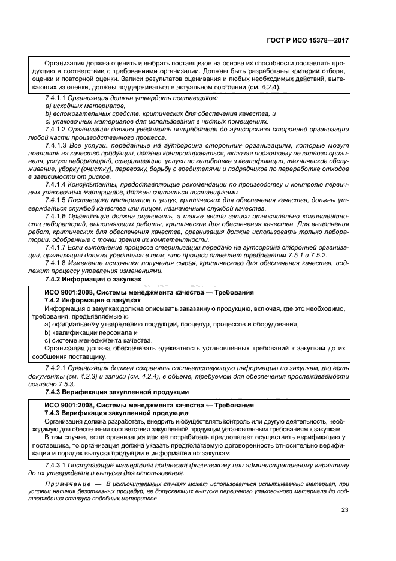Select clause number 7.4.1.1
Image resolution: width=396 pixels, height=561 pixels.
(55, 97)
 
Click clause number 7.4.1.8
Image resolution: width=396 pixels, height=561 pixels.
(55, 263)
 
